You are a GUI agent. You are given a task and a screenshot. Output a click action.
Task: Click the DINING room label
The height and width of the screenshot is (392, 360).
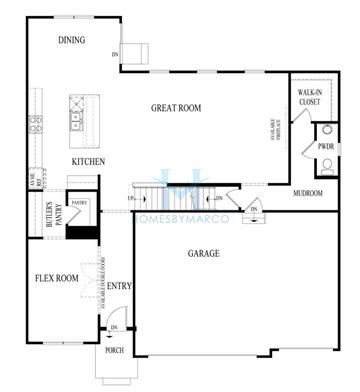(x=71, y=41)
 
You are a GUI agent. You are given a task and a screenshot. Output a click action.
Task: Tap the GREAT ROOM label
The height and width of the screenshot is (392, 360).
(x=176, y=107)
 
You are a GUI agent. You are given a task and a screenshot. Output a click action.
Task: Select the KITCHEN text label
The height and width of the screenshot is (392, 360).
(x=89, y=161)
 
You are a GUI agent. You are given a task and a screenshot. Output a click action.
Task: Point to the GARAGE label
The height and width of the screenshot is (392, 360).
(x=204, y=254)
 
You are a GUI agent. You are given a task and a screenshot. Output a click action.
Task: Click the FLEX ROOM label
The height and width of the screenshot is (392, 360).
(x=57, y=279)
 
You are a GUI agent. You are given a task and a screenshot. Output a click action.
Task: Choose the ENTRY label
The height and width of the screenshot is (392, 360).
(x=119, y=287)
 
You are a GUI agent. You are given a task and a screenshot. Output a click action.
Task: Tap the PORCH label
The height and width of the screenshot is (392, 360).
(x=114, y=350)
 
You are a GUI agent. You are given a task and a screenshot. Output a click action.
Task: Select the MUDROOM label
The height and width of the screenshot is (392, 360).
(x=309, y=194)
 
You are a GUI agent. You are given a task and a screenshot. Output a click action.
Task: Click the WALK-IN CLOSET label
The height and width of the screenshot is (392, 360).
(x=310, y=97)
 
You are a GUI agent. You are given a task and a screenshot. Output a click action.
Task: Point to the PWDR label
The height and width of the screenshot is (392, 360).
(x=326, y=146)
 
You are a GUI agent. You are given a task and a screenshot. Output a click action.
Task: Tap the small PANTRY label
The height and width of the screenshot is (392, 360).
(x=80, y=201)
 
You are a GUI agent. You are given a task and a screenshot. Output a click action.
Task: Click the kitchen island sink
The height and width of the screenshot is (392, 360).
(x=77, y=122)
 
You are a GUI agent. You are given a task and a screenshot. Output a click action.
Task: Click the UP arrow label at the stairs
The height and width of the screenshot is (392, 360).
(x=131, y=198)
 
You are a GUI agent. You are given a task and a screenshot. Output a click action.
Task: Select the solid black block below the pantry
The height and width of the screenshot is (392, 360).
(x=80, y=232)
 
